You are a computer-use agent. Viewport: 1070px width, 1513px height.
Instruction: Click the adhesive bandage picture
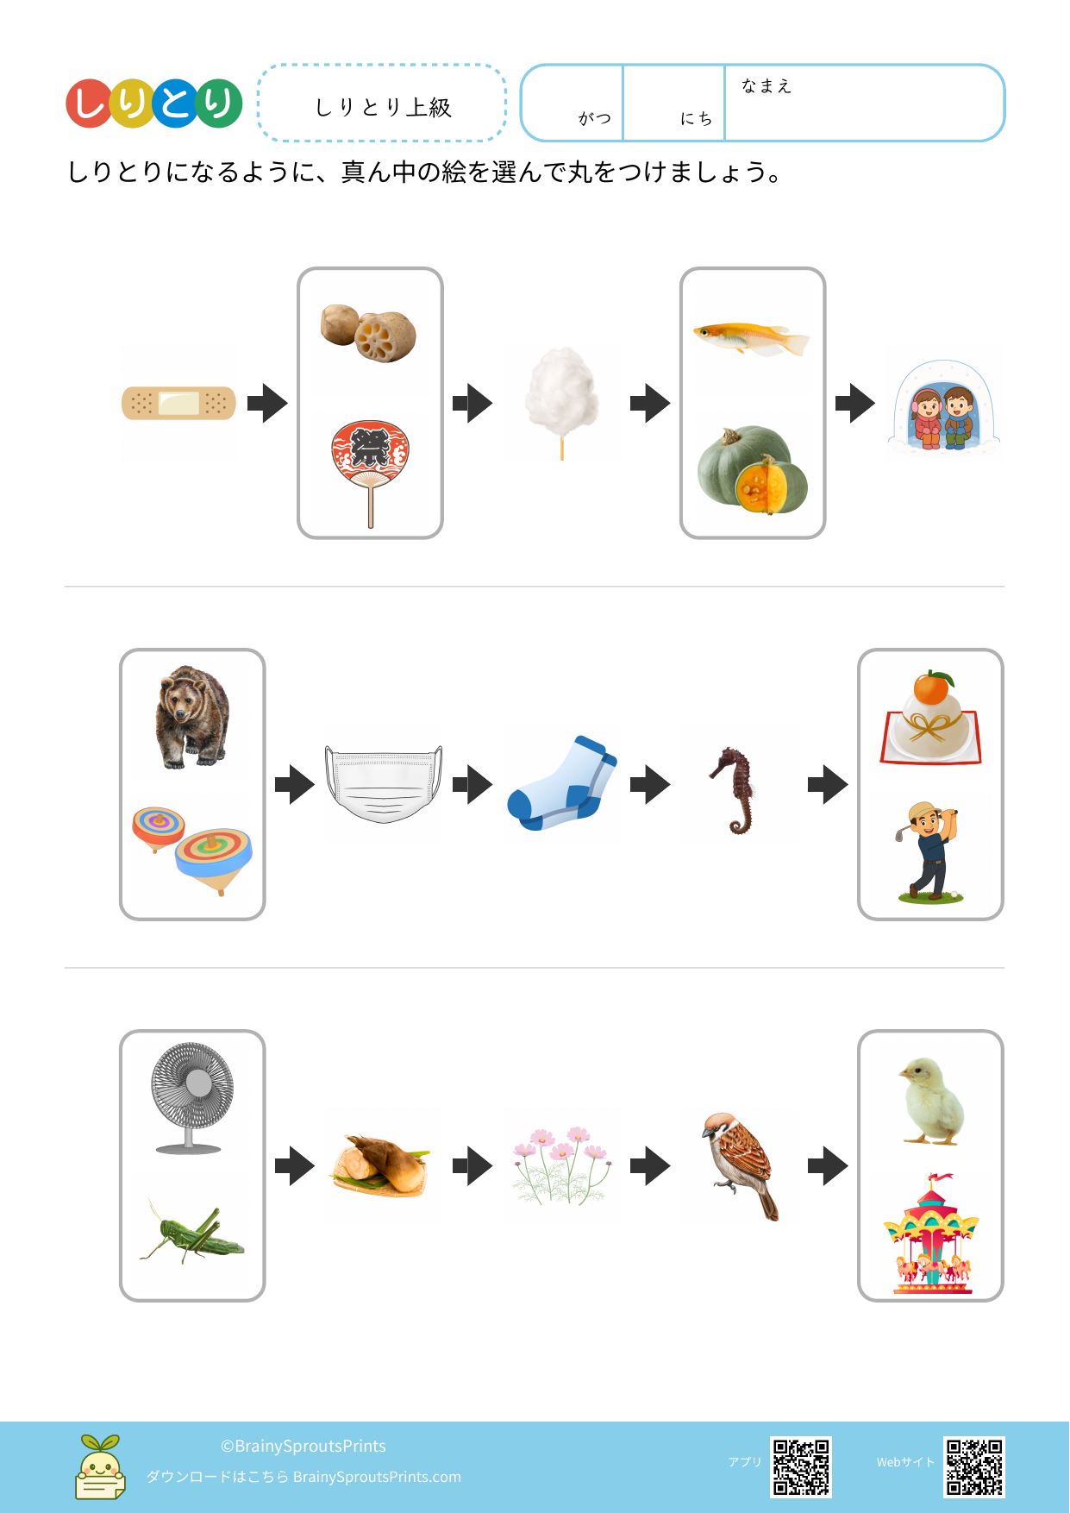(178, 403)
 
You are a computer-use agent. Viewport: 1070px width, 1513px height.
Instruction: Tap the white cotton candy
(562, 399)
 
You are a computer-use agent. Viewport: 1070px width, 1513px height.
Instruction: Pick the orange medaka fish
(752, 337)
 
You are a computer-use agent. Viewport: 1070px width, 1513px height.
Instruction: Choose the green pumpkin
(753, 468)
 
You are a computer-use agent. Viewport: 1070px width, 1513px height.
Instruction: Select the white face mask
(384, 784)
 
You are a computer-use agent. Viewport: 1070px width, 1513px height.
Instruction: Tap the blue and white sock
(562, 783)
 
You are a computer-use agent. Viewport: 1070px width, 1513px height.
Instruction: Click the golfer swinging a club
(929, 852)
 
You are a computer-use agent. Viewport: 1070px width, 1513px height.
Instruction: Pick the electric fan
(191, 1097)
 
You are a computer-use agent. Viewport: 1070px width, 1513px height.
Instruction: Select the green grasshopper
(192, 1232)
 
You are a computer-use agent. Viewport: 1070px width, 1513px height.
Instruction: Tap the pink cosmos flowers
(561, 1165)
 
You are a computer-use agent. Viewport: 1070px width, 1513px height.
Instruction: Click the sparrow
(741, 1164)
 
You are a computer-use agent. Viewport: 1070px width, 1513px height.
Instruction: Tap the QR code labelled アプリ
(801, 1466)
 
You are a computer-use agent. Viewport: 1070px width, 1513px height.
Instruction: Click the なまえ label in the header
(766, 85)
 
